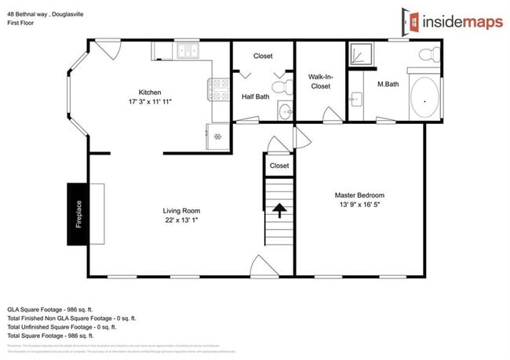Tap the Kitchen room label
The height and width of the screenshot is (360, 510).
pos(150,92)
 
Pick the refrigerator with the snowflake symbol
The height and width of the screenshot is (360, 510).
pos(217,133)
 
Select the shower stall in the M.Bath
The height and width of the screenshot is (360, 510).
pos(362,53)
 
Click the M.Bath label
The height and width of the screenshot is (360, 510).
pos(389,84)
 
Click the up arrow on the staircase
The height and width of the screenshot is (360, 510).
pos(278,209)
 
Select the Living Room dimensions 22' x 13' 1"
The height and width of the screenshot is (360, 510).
pos(181,220)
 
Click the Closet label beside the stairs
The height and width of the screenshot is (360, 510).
pos(279,165)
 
